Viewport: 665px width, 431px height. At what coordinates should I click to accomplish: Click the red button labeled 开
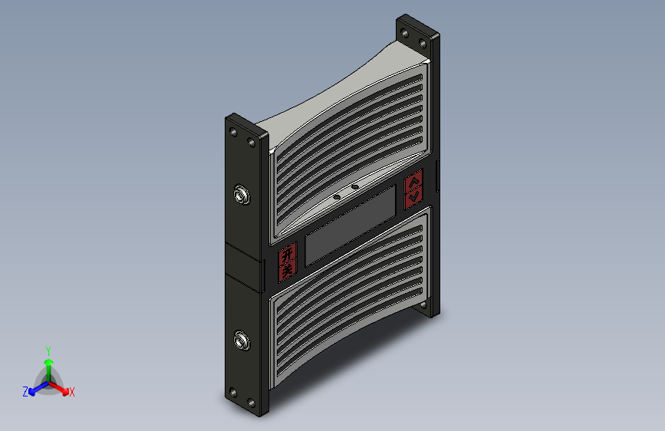pyautogui.click(x=288, y=254)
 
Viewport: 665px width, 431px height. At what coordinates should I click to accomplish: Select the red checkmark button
pyautogui.click(x=413, y=196)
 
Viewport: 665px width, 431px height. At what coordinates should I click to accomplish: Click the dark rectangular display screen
pyautogui.click(x=351, y=225)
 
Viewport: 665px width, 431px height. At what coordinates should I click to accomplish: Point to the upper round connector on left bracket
pyautogui.click(x=242, y=195)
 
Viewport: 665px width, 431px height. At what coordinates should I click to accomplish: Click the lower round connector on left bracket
pyautogui.click(x=242, y=341)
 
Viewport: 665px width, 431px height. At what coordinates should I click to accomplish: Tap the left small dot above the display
pyautogui.click(x=337, y=197)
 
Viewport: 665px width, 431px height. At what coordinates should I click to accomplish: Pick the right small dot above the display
pyautogui.click(x=355, y=186)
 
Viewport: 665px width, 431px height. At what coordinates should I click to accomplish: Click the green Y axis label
pyautogui.click(x=48, y=351)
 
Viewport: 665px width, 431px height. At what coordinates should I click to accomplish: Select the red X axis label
pyautogui.click(x=71, y=393)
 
